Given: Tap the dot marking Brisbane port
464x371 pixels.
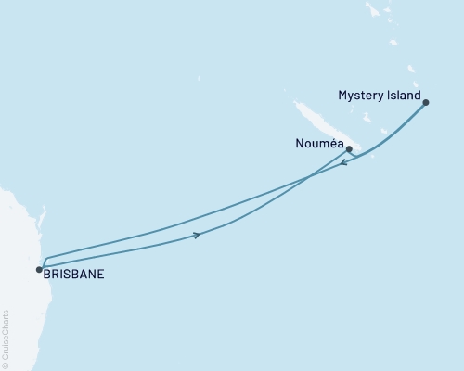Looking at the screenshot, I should [x=39, y=270].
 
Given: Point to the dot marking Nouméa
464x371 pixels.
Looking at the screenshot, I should [x=349, y=148].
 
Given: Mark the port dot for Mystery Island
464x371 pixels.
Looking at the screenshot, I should [x=426, y=103].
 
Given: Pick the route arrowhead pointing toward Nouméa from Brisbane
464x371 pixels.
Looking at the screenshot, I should [x=199, y=235].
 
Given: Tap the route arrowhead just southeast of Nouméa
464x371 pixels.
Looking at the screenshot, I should [x=344, y=163].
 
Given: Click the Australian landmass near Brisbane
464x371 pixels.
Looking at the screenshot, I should [x=14, y=241].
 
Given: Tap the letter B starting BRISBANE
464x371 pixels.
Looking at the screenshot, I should [x=47, y=275].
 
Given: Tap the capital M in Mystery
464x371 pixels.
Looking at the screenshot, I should [x=343, y=96].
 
